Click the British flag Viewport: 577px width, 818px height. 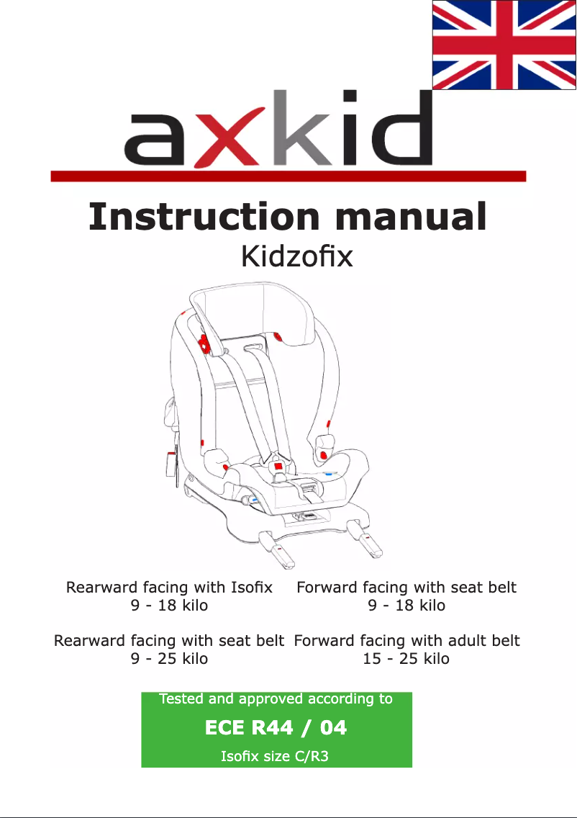point(504,45)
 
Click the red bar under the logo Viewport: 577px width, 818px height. point(288,176)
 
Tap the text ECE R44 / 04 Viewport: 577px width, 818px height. point(276,728)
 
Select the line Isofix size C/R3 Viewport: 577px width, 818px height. point(276,757)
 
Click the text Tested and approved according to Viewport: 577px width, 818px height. point(276,698)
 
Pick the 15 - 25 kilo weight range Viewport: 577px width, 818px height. point(406,658)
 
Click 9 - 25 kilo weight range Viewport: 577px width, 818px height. point(169,658)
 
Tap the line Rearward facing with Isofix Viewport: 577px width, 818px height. point(169,588)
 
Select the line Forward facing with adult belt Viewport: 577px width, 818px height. point(406,640)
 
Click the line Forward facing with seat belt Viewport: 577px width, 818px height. point(406,588)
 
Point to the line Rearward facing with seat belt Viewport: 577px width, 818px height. point(169,640)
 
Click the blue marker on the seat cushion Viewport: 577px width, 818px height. point(330,475)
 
